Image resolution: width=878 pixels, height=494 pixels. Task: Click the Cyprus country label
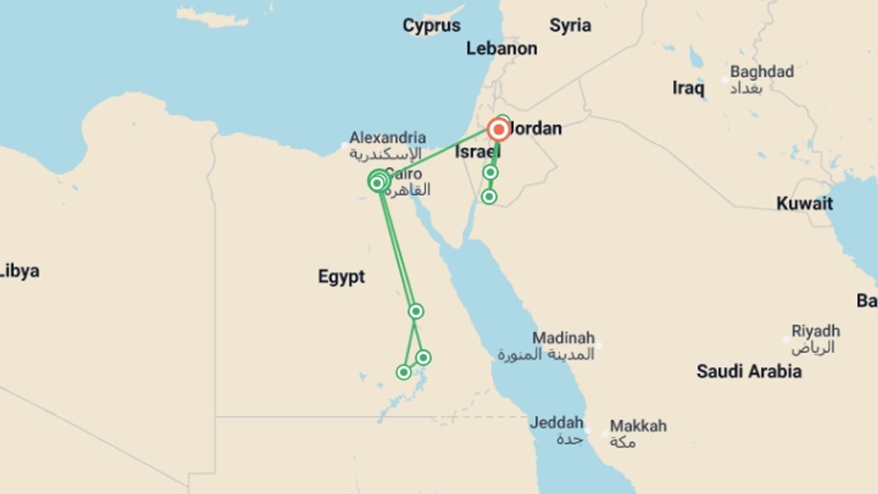click(x=431, y=26)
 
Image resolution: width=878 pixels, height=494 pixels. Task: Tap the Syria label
click(x=570, y=26)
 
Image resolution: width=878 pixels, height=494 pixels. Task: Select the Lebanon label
click(x=502, y=48)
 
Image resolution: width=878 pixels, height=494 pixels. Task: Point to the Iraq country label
click(x=688, y=88)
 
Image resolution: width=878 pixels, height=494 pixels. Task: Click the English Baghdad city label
click(x=761, y=72)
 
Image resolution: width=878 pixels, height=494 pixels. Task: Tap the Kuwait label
click(x=804, y=203)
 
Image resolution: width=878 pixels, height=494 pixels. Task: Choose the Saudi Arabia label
click(x=749, y=371)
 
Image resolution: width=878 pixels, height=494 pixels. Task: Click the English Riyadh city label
click(x=815, y=331)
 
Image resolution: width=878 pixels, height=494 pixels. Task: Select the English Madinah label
click(x=563, y=338)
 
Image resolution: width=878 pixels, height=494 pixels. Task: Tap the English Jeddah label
click(x=556, y=422)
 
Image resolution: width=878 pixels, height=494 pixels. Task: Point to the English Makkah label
click(x=638, y=426)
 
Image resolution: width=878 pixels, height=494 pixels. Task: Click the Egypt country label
click(x=341, y=277)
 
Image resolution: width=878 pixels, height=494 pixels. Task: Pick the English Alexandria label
click(x=387, y=137)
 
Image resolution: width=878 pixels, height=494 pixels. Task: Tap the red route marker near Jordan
click(x=498, y=130)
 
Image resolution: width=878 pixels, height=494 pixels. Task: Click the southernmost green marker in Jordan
click(x=489, y=197)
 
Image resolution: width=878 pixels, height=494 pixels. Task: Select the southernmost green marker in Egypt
click(x=403, y=372)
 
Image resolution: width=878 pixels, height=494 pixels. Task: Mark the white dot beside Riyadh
click(x=786, y=339)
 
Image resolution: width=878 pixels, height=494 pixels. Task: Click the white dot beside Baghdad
click(x=724, y=80)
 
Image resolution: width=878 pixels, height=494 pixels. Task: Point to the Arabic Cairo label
click(x=407, y=190)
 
